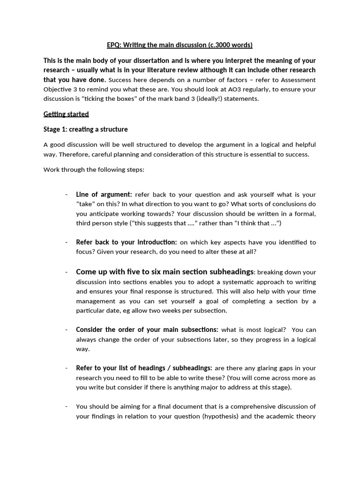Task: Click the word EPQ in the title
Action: [113, 45]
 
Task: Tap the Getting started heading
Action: [66, 114]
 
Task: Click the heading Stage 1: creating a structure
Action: [85, 129]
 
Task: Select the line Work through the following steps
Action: [94, 170]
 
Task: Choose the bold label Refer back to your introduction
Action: [127, 242]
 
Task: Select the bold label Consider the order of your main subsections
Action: [147, 330]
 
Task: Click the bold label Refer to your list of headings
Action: [144, 368]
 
